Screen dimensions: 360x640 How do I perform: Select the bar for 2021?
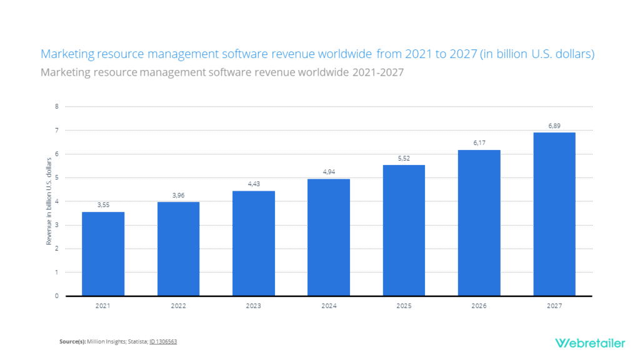click(x=103, y=254)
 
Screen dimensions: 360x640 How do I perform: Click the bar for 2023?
click(x=253, y=243)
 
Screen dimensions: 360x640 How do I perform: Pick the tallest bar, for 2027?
click(x=554, y=214)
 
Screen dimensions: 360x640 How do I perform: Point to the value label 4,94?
click(x=329, y=171)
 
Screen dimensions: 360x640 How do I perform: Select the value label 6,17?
click(x=479, y=142)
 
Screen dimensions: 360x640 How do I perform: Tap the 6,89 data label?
click(x=554, y=126)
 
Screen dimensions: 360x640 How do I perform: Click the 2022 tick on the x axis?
click(x=178, y=306)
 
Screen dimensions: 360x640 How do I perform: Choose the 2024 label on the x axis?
click(x=329, y=306)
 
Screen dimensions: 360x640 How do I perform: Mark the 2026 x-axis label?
click(x=479, y=306)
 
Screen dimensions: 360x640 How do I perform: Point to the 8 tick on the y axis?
click(x=56, y=106)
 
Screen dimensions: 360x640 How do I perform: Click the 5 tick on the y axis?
click(x=56, y=177)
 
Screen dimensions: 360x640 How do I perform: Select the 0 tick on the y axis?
click(x=56, y=296)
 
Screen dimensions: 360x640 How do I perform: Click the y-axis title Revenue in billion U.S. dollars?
click(x=49, y=201)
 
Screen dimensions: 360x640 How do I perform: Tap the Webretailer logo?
click(x=585, y=342)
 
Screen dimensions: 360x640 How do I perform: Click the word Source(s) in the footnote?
click(x=72, y=342)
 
